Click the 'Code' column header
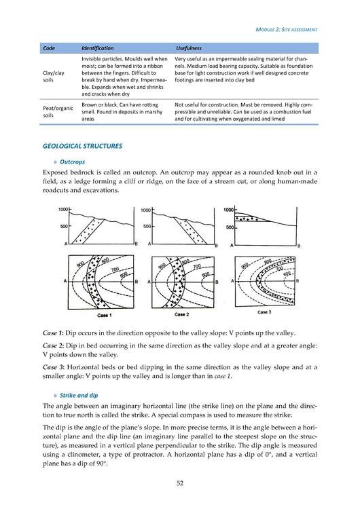(49, 48)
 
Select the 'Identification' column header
(98, 48)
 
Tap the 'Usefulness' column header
(189, 48)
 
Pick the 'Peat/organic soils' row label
(58, 112)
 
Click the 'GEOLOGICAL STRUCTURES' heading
(82, 146)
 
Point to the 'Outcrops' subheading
(72, 162)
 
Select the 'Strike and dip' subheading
(79, 396)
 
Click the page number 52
(180, 483)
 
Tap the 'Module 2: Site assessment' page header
(286, 30)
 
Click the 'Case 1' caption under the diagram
(105, 315)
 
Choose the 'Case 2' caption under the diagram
(181, 314)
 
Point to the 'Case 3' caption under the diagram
(264, 312)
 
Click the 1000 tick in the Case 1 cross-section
(63, 210)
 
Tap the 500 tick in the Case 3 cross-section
(230, 227)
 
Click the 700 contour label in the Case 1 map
(115, 269)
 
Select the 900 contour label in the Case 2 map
(162, 267)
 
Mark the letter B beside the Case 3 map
(298, 281)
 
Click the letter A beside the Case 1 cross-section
(66, 244)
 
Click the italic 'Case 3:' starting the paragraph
(54, 367)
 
